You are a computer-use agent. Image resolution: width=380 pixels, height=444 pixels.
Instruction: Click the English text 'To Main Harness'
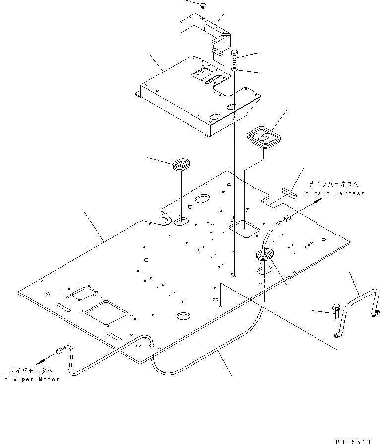pyautogui.click(x=332, y=193)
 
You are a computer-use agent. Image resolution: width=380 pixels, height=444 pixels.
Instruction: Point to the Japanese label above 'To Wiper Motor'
pyautogui.click(x=30, y=370)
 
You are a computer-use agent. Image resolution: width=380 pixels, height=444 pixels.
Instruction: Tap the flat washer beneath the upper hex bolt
pyautogui.click(x=235, y=69)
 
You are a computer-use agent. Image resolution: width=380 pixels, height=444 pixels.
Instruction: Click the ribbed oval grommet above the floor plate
pyautogui.click(x=182, y=165)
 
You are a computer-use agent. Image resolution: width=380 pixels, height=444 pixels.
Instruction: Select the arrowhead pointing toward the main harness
pyautogui.click(x=317, y=201)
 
